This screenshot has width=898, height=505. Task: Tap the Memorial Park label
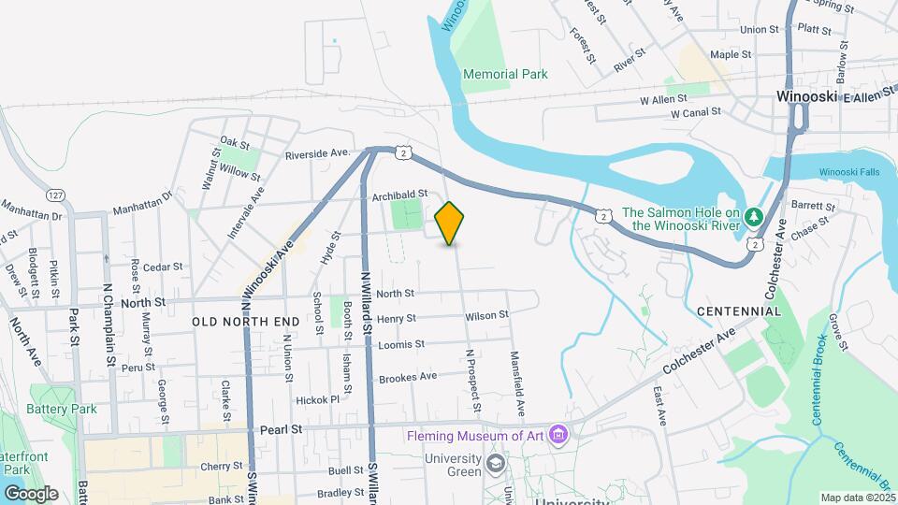coord(505,74)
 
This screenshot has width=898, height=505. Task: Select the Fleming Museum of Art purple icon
coord(558,436)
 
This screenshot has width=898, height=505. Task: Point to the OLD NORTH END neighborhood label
coord(246,322)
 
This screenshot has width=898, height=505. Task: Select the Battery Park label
coord(62,409)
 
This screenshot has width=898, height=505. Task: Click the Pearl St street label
coord(282,430)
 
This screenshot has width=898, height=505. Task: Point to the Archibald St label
coord(399,195)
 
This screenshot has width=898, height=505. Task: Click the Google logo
coord(30,493)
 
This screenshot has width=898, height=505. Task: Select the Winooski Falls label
coord(849,172)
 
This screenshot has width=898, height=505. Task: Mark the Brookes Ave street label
coord(408,378)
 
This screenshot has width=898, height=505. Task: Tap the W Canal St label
coord(695,113)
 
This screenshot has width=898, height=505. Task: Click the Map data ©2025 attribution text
coord(857,498)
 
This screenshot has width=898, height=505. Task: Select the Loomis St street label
coord(401,344)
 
